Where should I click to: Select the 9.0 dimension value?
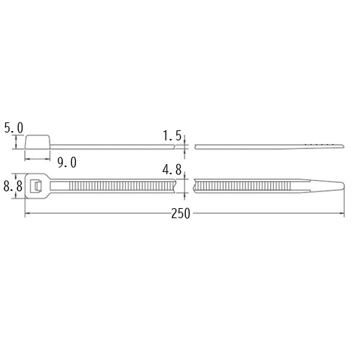pos(66,162)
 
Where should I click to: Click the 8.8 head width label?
pos(12,186)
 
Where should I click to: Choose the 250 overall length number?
pos(181,214)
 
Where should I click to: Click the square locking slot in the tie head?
pos(35,186)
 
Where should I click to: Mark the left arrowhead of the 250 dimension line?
pos(27,214)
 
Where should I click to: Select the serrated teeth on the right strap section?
pos(245,186)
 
